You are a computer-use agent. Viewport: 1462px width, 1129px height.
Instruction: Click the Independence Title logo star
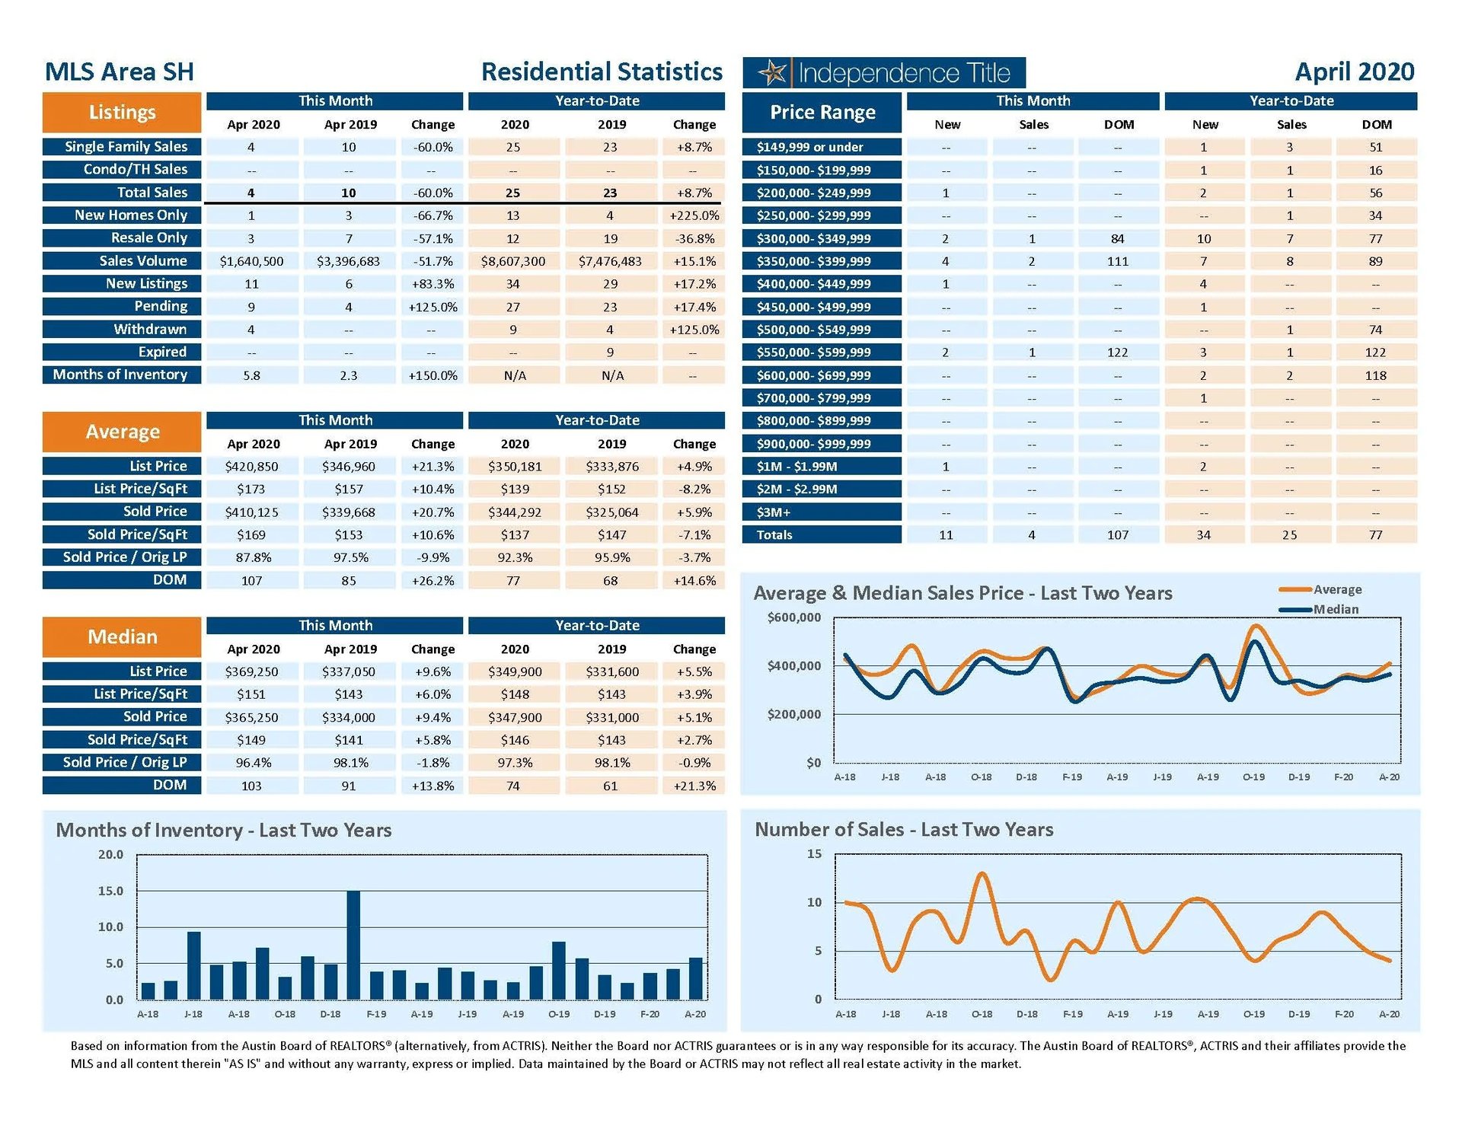pyautogui.click(x=773, y=73)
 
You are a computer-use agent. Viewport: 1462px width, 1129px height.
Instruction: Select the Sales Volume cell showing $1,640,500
pyautogui.click(x=251, y=261)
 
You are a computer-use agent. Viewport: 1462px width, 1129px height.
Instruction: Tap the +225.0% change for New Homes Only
pyautogui.click(x=694, y=215)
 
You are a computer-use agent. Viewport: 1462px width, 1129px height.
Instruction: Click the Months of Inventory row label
pyautogui.click(x=120, y=375)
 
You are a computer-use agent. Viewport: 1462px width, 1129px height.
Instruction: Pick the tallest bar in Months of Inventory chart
pyautogui.click(x=353, y=944)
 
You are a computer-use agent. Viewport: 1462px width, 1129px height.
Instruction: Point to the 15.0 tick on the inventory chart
pyautogui.click(x=110, y=891)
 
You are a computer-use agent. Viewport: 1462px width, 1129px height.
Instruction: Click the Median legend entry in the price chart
pyautogui.click(x=1335, y=609)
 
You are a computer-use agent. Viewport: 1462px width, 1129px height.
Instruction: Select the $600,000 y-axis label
pyautogui.click(x=794, y=617)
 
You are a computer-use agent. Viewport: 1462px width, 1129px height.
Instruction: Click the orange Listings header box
pyautogui.click(x=122, y=113)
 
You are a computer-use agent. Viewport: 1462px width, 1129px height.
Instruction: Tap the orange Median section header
pyautogui.click(x=122, y=637)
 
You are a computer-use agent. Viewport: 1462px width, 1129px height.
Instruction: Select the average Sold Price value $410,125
pyautogui.click(x=251, y=512)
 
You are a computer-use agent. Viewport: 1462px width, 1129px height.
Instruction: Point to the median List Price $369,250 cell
pyautogui.click(x=251, y=671)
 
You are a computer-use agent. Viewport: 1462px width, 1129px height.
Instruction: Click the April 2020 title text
pyautogui.click(x=1354, y=72)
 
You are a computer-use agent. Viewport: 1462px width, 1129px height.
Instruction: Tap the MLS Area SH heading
pyautogui.click(x=120, y=72)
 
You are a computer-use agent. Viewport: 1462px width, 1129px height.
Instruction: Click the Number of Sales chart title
pyautogui.click(x=904, y=829)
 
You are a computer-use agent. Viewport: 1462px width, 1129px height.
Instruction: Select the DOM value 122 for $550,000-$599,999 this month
pyautogui.click(x=1117, y=352)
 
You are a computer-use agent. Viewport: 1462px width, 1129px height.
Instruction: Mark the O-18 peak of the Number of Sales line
pyautogui.click(x=982, y=874)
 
